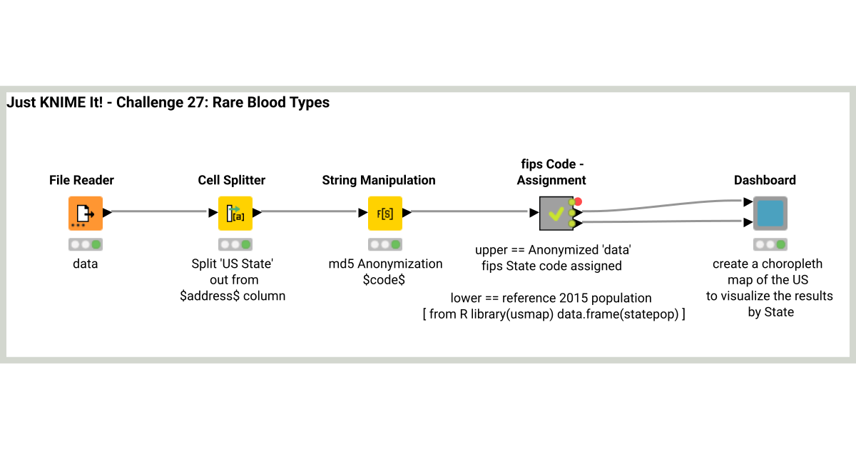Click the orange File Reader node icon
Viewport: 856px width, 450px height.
(86, 213)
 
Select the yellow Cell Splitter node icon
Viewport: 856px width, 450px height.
(235, 213)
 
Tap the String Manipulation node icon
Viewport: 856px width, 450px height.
(385, 213)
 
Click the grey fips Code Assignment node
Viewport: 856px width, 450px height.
(556, 213)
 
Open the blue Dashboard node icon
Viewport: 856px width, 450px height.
(770, 213)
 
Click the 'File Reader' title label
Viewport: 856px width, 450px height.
(81, 180)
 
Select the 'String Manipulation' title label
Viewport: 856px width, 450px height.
(379, 180)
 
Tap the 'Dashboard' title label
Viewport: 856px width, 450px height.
(765, 180)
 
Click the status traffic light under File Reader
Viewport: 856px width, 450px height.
(86, 244)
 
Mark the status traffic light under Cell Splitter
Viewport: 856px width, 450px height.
(235, 244)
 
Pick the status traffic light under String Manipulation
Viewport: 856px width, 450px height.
(385, 244)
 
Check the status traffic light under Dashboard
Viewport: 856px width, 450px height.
(770, 244)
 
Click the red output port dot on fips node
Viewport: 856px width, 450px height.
(578, 201)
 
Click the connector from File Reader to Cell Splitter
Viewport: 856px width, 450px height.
(160, 211)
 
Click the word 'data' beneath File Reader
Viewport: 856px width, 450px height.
(86, 264)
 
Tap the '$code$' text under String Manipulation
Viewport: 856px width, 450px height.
(385, 279)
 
